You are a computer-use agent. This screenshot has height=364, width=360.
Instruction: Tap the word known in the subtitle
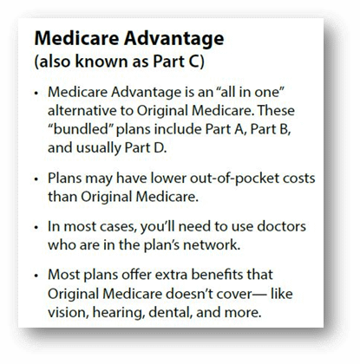(x=101, y=62)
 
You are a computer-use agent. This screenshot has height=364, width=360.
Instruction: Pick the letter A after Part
(x=239, y=129)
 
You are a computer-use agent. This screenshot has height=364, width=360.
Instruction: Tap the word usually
(x=99, y=148)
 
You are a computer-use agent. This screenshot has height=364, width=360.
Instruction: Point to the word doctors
(x=281, y=226)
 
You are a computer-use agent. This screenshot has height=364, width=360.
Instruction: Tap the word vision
(x=68, y=313)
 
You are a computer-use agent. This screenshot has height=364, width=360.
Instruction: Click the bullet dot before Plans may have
(x=36, y=179)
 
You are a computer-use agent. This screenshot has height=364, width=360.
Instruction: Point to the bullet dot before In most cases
(x=36, y=227)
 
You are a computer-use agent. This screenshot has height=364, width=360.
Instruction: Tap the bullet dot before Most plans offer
(x=36, y=276)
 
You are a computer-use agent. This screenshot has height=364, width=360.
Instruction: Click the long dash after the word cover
(x=259, y=295)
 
